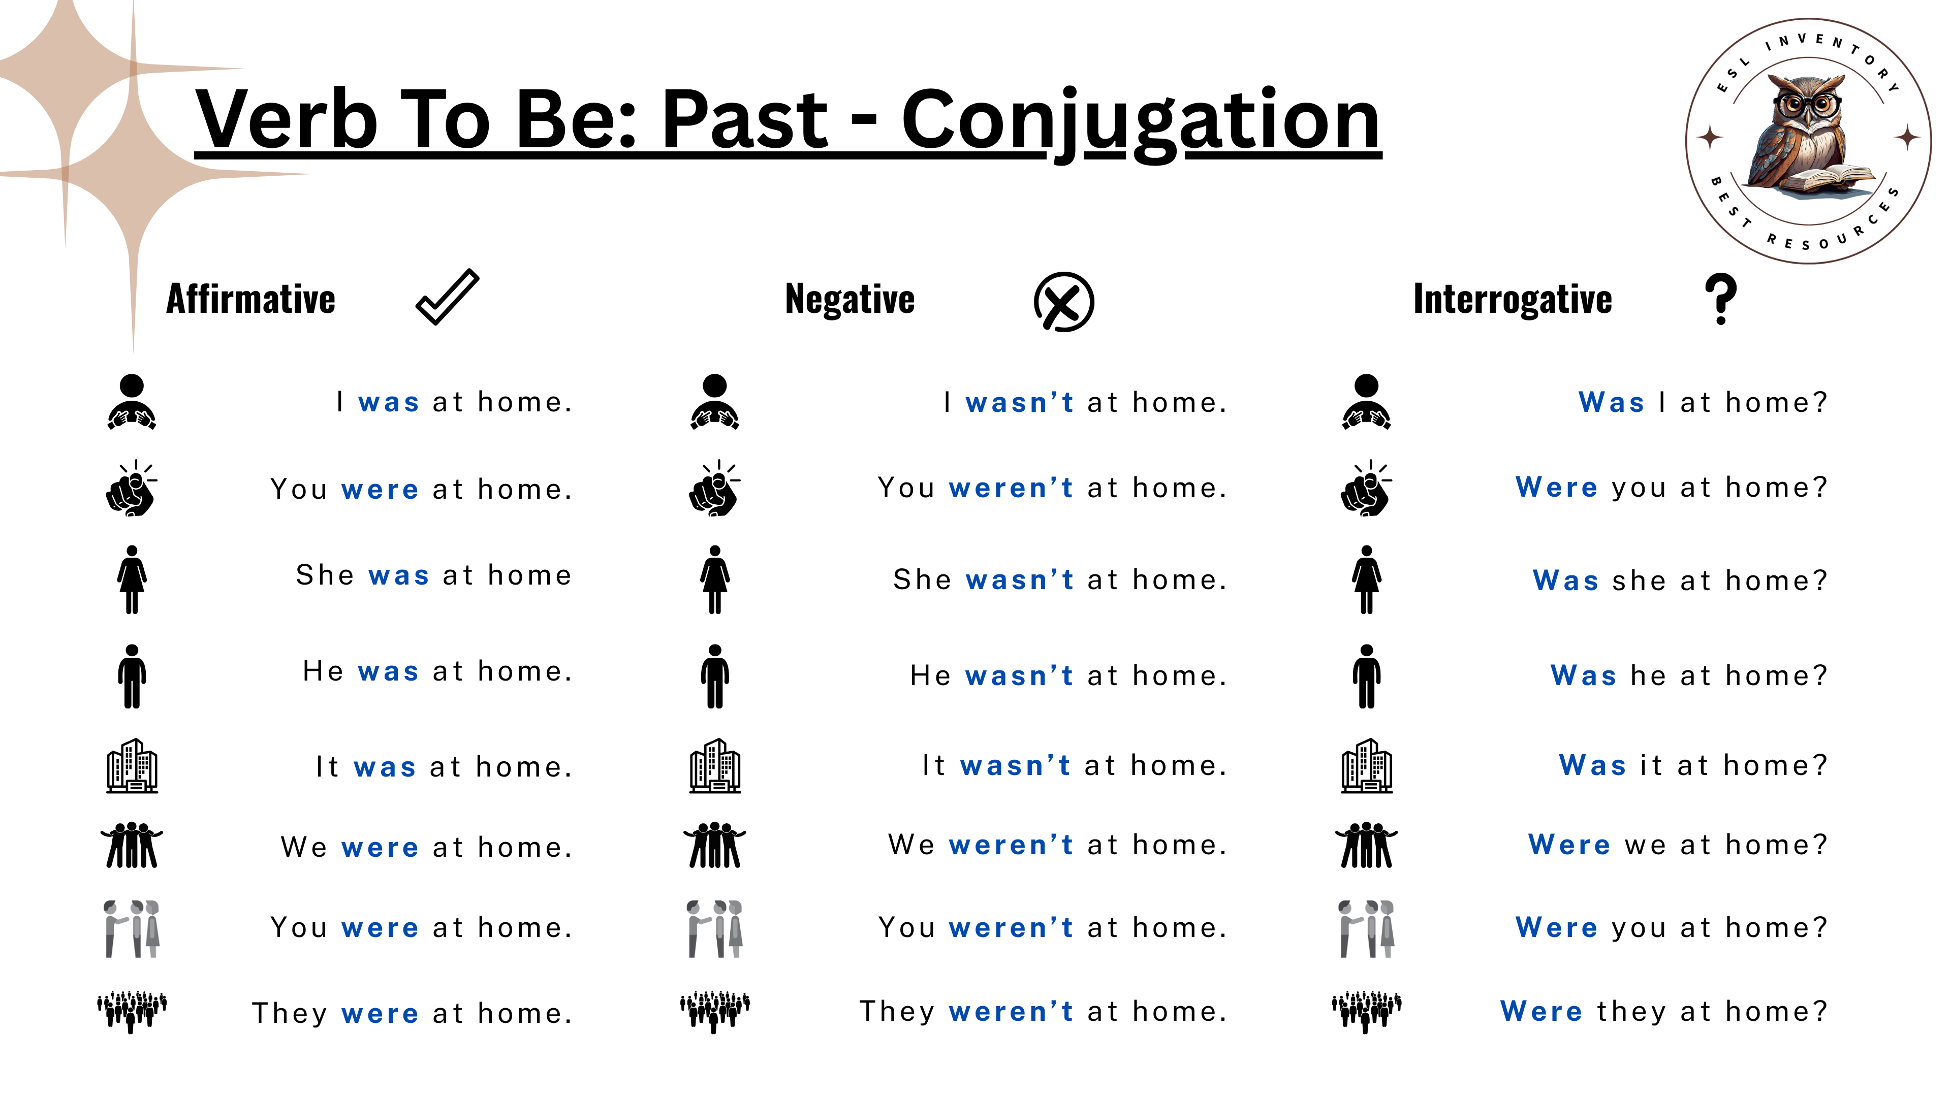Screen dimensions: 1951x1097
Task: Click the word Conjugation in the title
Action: point(1141,122)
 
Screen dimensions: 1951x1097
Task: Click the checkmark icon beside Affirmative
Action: point(448,297)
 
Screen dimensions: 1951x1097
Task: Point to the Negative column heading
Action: point(850,299)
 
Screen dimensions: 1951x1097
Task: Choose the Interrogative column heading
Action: point(1513,299)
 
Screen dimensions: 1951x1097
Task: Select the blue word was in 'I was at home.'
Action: point(389,403)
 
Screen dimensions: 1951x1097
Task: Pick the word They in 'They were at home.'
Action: point(290,1013)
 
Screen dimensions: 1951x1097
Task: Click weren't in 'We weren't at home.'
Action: point(1011,845)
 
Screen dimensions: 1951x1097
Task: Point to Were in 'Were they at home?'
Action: point(1541,1012)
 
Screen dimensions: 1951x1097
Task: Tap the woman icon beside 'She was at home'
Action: point(132,579)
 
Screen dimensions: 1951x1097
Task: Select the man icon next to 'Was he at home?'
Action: point(1366,676)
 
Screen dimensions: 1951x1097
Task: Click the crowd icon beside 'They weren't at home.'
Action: point(715,1012)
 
